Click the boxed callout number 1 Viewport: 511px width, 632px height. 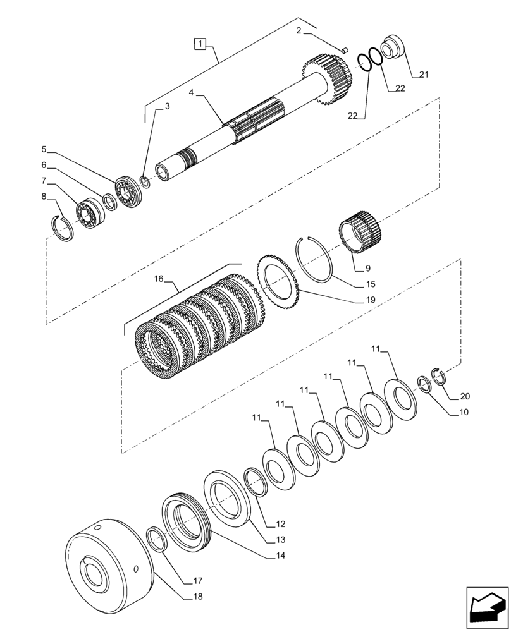[x=200, y=44]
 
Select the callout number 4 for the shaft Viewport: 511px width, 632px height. [x=191, y=92]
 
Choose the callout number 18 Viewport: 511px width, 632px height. [x=197, y=596]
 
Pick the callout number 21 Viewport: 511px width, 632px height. [x=424, y=75]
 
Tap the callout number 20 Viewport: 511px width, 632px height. [x=465, y=397]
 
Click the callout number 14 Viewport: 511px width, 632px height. [x=280, y=556]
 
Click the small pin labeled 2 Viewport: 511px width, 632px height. [x=344, y=49]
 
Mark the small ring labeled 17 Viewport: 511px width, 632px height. [x=157, y=540]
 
